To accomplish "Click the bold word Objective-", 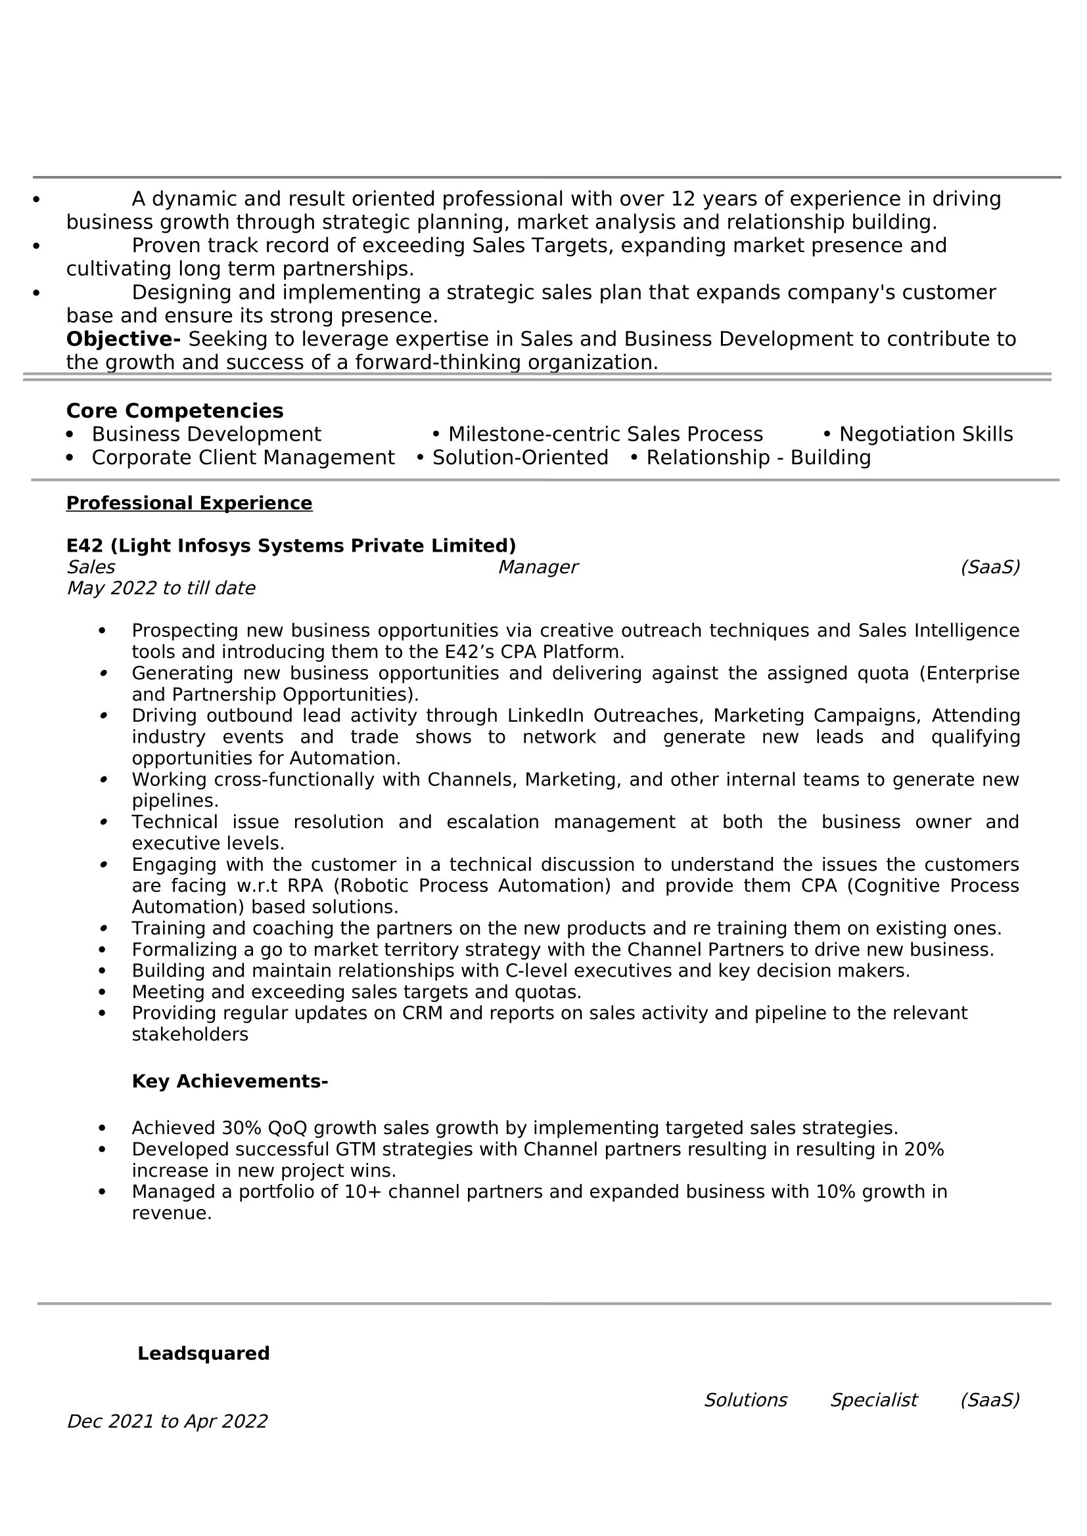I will tap(123, 339).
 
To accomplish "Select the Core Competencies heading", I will tap(175, 410).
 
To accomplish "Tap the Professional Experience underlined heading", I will tap(189, 503).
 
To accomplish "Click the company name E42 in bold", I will tap(85, 546).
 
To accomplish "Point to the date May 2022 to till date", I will tap(160, 588).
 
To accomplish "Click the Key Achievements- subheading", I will tap(229, 1081).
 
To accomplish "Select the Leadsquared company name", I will tap(204, 1353).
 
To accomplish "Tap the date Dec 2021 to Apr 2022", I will tap(168, 1421).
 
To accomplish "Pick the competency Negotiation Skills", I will tap(926, 434).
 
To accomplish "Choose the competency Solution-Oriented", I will tap(520, 458).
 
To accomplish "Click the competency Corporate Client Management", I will tap(243, 458).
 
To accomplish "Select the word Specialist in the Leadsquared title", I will tap(873, 1400).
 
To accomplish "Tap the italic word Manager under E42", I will tap(538, 567).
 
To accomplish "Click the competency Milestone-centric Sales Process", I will tap(605, 434).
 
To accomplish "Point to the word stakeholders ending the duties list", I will tap(190, 1034).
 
